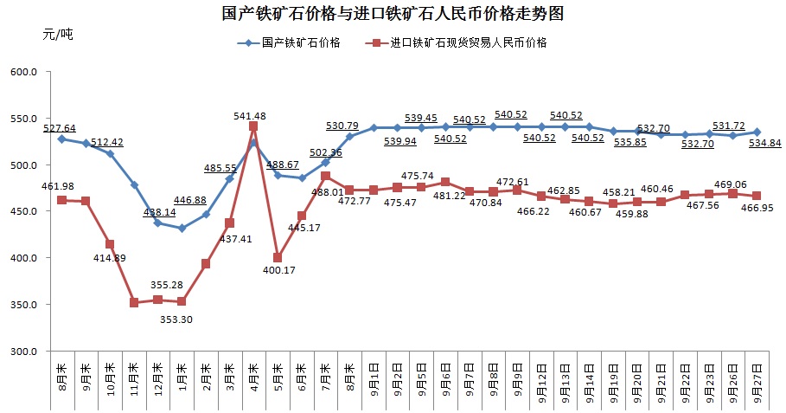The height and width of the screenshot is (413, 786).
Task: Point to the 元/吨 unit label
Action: (58, 35)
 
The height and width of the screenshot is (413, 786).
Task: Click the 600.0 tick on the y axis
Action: (23, 72)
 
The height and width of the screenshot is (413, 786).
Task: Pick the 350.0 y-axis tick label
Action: (23, 305)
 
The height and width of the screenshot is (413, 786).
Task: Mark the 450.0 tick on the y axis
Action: (23, 211)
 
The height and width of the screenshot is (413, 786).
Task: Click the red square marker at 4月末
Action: (253, 126)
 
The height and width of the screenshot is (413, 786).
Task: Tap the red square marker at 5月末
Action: (278, 258)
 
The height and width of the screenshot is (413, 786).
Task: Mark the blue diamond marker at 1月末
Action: (182, 229)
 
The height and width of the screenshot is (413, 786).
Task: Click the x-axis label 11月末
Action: (133, 378)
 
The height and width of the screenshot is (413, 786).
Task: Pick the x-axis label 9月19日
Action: (613, 381)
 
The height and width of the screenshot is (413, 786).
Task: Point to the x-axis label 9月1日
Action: (374, 380)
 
